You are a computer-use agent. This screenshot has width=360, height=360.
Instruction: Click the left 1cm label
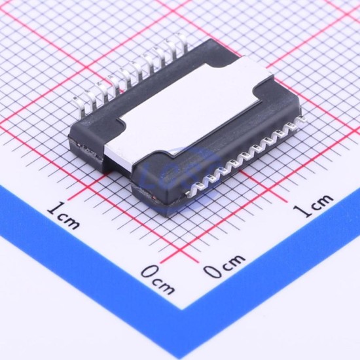pyautogui.click(x=63, y=215)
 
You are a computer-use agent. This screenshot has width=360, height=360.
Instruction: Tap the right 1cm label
pyautogui.click(x=314, y=206)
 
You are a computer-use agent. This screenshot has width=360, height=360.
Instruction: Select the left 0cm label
pyautogui.click(x=158, y=280)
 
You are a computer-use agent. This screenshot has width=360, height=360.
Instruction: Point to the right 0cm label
pyautogui.click(x=225, y=266)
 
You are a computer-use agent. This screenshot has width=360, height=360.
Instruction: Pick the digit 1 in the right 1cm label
pyautogui.click(x=302, y=211)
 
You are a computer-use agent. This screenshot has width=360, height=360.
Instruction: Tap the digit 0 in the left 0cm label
pyautogui.click(x=149, y=272)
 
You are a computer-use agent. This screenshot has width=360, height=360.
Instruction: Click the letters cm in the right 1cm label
pyautogui.click(x=322, y=202)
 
